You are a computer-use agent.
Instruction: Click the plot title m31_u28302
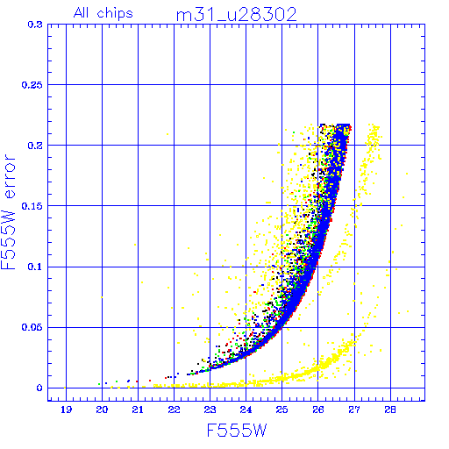236,15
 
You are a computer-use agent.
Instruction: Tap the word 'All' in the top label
81,12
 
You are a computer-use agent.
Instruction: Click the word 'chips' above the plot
115,14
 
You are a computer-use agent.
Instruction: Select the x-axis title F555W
237,431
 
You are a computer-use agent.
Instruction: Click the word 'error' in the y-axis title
9,176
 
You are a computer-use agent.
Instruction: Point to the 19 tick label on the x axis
67,410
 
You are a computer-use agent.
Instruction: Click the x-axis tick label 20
102,410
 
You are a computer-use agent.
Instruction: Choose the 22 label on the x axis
174,410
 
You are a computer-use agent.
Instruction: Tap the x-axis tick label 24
246,410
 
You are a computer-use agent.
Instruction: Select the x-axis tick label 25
282,410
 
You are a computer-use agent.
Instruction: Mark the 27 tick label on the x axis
354,410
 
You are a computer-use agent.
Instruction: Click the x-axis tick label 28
390,410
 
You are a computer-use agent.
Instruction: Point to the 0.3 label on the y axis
35,25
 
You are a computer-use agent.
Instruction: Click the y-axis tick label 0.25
32,85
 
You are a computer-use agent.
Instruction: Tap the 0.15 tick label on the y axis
32,206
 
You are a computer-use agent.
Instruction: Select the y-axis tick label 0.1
35,267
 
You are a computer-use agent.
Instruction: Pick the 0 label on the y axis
39,388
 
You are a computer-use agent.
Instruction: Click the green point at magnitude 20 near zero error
99,384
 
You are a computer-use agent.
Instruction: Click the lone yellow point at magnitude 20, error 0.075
102,297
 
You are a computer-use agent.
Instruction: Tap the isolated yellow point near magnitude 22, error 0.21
167,134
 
